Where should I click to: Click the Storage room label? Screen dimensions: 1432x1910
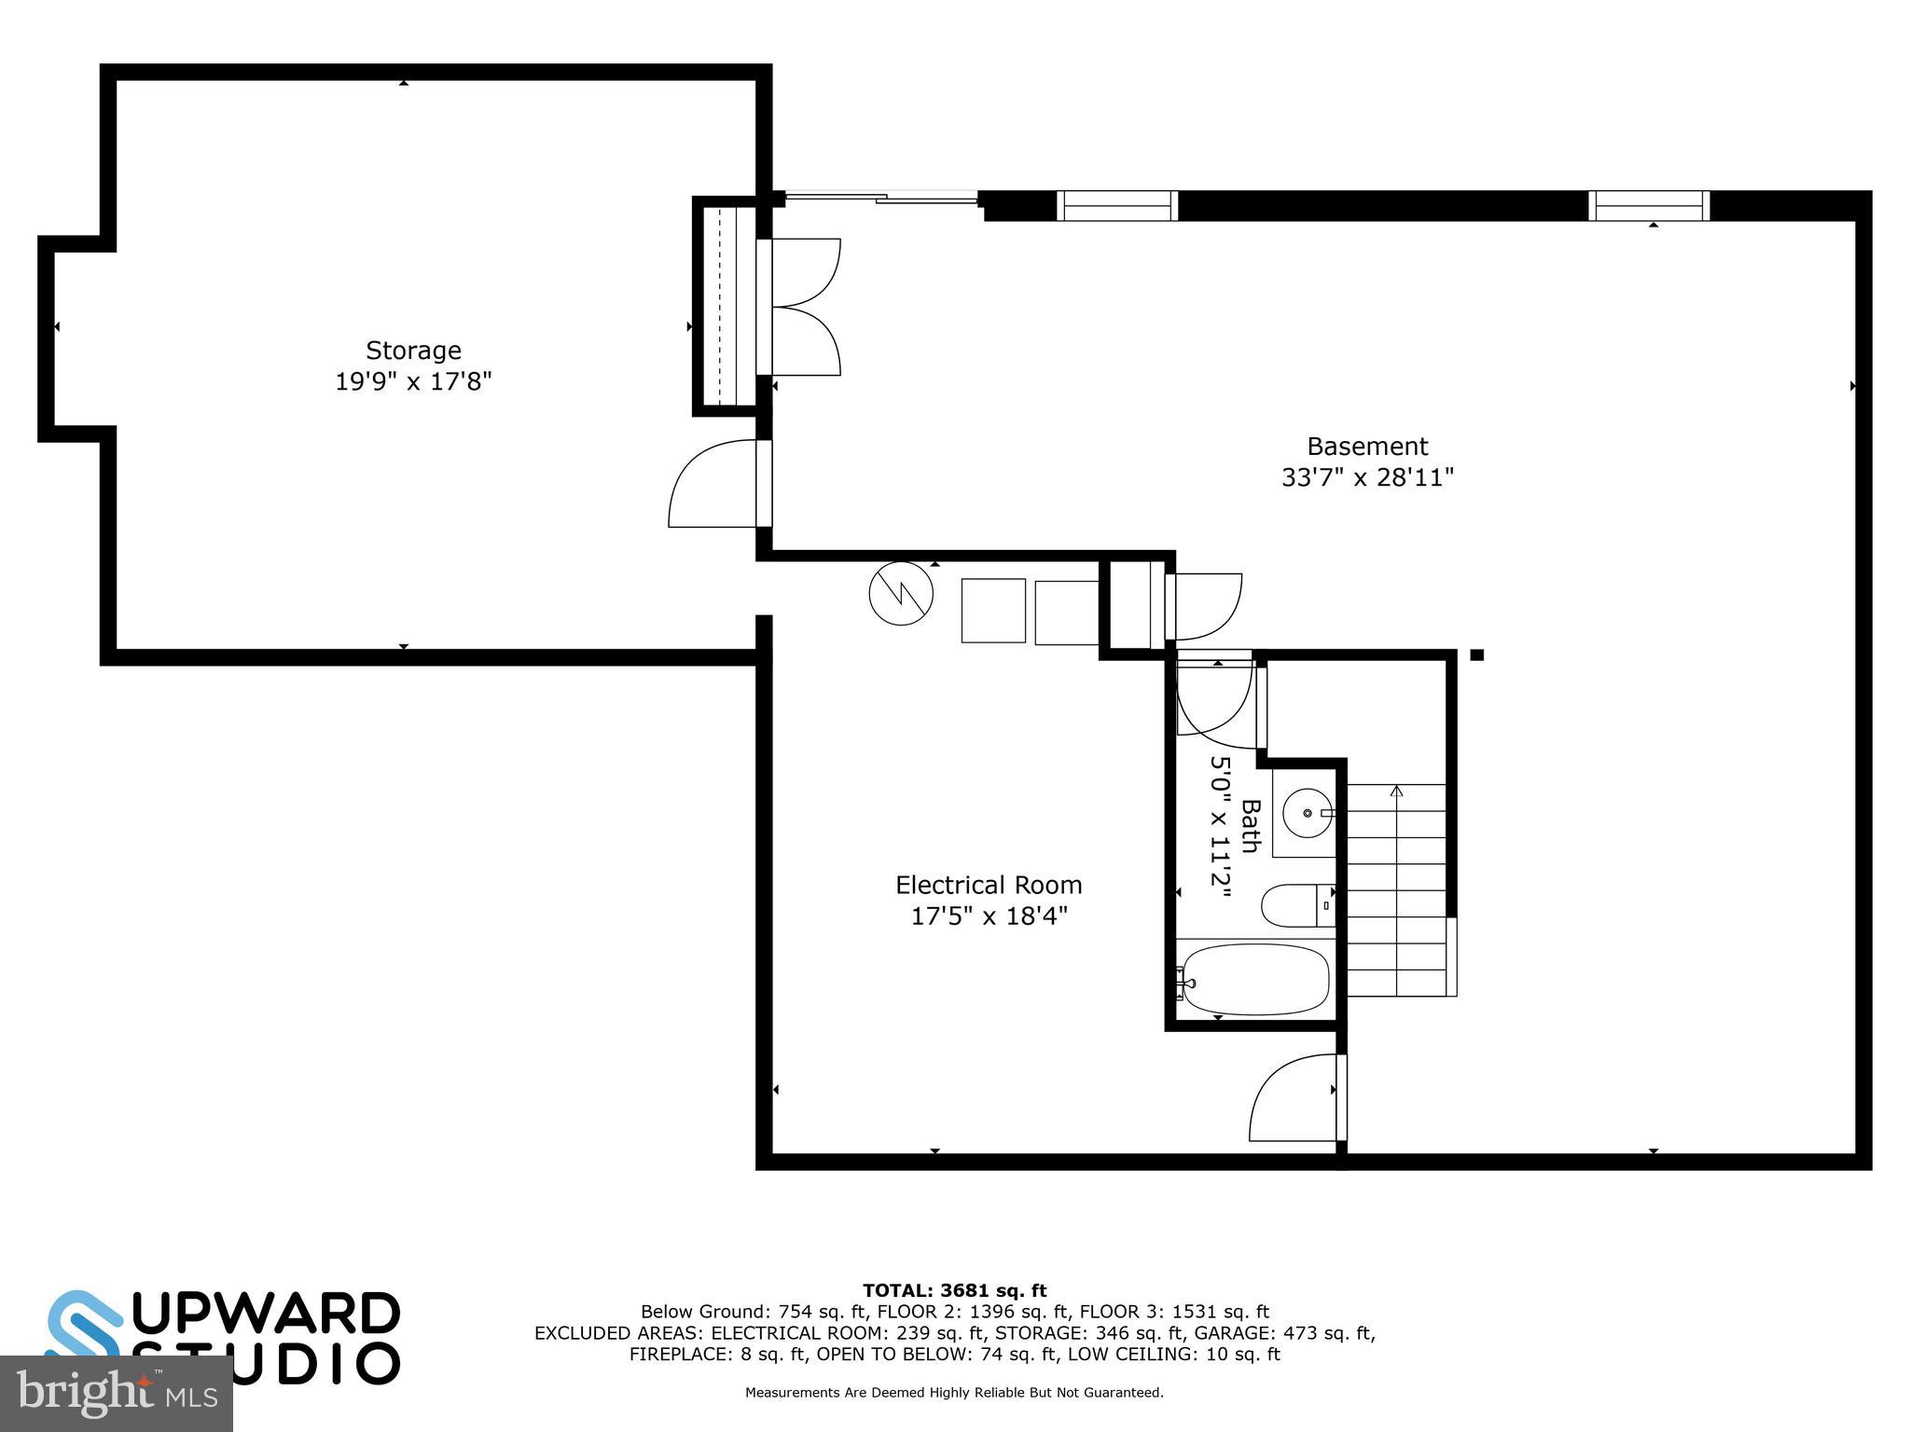pos(413,351)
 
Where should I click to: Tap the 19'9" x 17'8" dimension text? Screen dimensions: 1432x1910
pos(413,381)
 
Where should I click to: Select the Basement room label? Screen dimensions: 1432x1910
pos(1367,447)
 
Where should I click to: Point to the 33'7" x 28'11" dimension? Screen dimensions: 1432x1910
pos(1367,477)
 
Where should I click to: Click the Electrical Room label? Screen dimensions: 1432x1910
pos(989,885)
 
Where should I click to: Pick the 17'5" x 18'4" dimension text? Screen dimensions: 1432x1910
pos(989,916)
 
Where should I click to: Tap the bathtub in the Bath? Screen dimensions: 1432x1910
pos(1253,980)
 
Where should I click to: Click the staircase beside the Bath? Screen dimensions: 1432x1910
pos(1396,890)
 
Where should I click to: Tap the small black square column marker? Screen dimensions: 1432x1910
pos(1476,655)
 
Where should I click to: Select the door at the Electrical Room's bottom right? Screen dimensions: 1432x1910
pos(1294,1098)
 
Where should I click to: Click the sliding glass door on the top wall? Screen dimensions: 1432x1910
pos(881,197)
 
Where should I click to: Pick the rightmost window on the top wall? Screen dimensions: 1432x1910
pos(1649,205)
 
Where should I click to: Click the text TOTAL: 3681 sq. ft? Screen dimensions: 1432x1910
pos(954,1291)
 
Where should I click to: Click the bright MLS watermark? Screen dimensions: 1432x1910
pos(116,1394)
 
